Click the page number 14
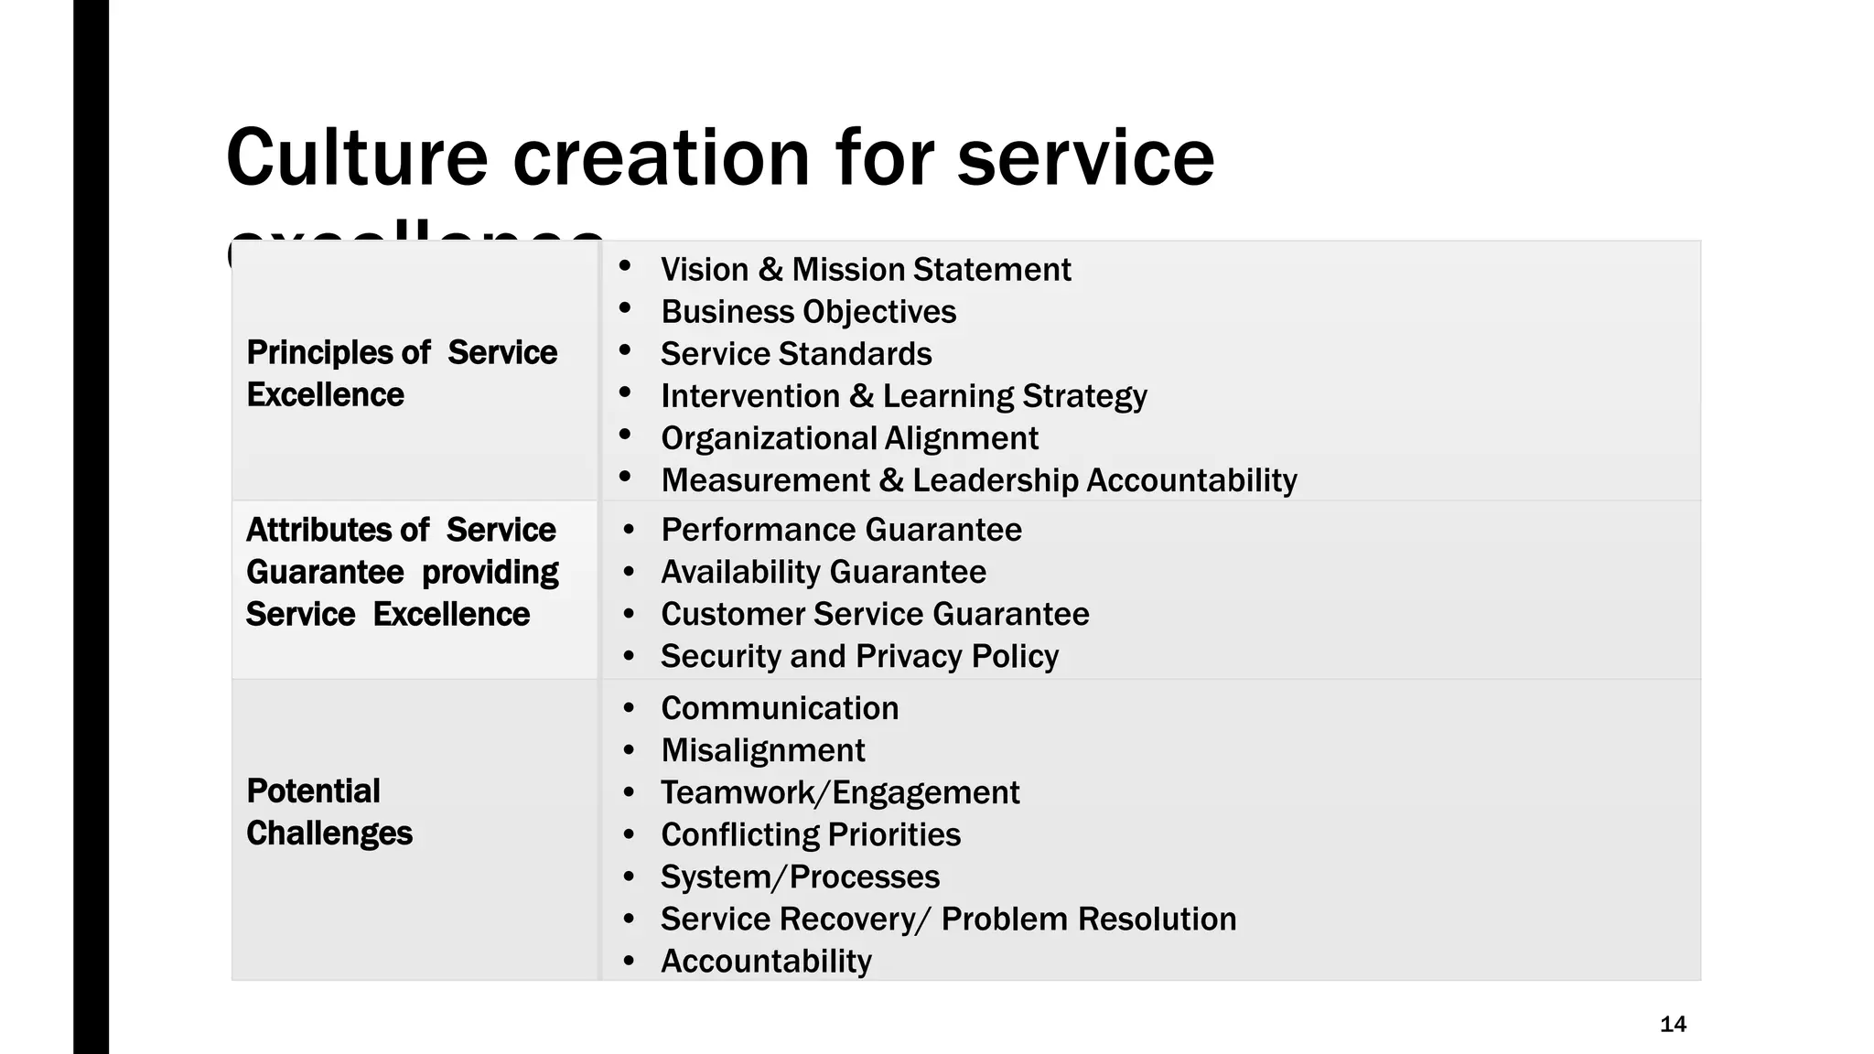[1673, 1025]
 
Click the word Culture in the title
[357, 157]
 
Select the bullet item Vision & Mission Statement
[866, 270]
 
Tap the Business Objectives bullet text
[809, 312]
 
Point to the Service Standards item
[796, 354]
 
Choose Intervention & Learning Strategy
[904, 396]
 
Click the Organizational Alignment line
[850, 438]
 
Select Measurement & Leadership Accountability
[979, 480]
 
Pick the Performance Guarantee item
[842, 530]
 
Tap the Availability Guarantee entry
[824, 572]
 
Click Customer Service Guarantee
[876, 614]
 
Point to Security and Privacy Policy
[860, 656]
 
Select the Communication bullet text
[780, 708]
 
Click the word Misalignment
[763, 750]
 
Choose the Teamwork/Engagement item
[840, 792]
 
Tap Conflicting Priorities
[811, 834]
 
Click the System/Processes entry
[801, 877]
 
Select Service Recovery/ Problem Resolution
[949, 919]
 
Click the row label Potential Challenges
[329, 812]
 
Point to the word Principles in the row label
[338, 352]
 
